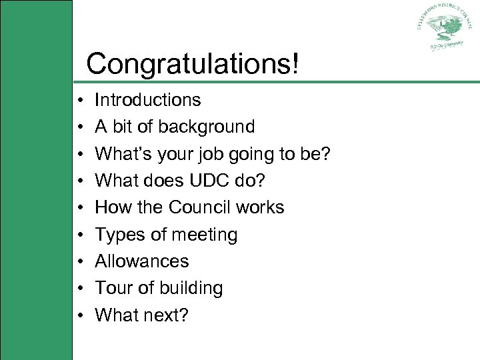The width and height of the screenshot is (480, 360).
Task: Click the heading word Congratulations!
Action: coord(193,64)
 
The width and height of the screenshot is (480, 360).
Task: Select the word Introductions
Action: coord(147,100)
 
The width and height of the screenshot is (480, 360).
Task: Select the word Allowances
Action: coord(142,261)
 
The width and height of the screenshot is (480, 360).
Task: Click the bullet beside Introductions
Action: coord(79,101)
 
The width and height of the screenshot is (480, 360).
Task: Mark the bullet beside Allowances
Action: coord(79,262)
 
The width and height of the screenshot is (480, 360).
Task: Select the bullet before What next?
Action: coord(79,315)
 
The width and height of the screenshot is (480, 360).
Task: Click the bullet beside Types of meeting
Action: coord(79,235)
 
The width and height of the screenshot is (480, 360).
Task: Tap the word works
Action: coord(259,207)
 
